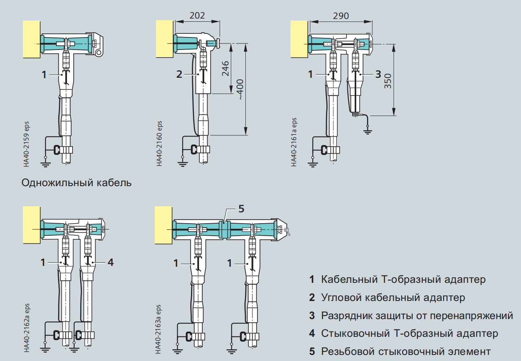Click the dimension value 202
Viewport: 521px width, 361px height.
[197, 15]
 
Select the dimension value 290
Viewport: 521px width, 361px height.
[341, 16]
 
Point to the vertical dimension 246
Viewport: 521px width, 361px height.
[225, 68]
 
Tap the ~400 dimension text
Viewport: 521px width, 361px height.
[241, 90]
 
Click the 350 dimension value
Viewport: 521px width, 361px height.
[388, 81]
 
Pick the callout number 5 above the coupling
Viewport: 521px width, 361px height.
[241, 209]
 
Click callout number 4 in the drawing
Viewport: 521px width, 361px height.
[110, 262]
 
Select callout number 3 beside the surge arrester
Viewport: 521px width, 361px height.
[378, 75]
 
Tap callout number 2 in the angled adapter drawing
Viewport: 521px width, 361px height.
[179, 75]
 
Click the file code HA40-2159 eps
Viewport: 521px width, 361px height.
[27, 144]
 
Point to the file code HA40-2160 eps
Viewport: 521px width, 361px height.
[159, 143]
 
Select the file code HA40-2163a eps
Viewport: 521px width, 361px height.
[158, 329]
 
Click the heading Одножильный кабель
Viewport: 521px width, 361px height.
[77, 183]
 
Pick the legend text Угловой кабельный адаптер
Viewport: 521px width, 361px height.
[393, 297]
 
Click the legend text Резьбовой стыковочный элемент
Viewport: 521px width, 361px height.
[406, 351]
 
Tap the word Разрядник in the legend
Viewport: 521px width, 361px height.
[347, 315]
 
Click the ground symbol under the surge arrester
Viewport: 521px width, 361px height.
[367, 131]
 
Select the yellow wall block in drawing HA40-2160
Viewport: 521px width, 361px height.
[164, 39]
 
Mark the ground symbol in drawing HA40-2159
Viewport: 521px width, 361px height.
[46, 164]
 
